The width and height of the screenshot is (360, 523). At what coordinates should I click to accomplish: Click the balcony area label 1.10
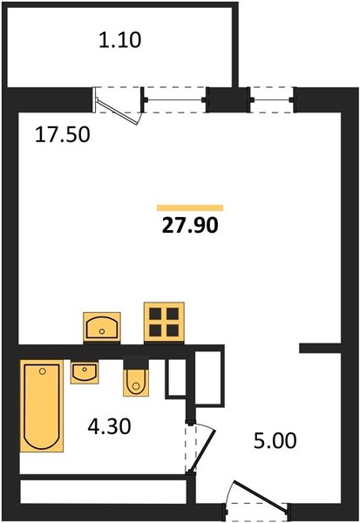[120, 40]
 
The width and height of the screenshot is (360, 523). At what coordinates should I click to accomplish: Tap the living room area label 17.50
[63, 135]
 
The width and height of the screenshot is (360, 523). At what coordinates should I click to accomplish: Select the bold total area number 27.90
[190, 225]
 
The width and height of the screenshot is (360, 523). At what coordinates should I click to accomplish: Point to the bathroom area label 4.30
[109, 426]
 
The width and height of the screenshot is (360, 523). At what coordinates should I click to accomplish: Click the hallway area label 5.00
[275, 440]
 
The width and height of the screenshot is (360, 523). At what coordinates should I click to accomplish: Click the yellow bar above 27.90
[190, 208]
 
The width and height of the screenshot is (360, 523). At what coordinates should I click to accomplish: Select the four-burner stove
[164, 323]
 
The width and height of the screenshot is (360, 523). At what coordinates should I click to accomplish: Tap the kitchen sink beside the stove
[102, 327]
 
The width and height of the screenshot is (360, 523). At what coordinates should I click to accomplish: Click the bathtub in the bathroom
[42, 406]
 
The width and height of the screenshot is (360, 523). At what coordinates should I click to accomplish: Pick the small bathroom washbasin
[85, 372]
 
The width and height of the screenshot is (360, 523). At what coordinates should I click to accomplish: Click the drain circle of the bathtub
[43, 371]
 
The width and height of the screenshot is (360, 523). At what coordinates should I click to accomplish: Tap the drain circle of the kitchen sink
[102, 331]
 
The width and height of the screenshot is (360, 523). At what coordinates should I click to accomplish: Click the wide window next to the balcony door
[175, 99]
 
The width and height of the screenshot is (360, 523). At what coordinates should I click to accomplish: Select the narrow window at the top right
[272, 99]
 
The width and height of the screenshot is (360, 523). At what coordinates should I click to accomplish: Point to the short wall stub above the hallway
[320, 348]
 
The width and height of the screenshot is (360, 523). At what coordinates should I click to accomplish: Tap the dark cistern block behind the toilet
[136, 363]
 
